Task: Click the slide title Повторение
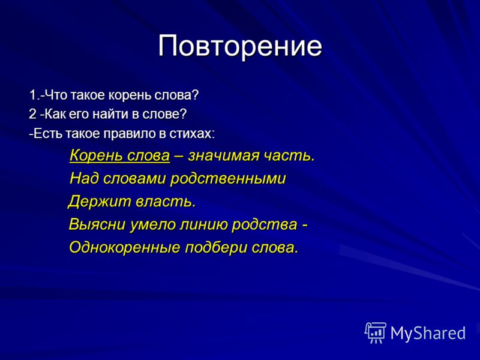point(240,46)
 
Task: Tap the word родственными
point(228,179)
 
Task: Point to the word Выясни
point(97,224)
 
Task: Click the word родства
point(264,225)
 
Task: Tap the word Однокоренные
point(125,248)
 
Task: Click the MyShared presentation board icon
point(376,333)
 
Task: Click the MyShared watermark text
point(428,334)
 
